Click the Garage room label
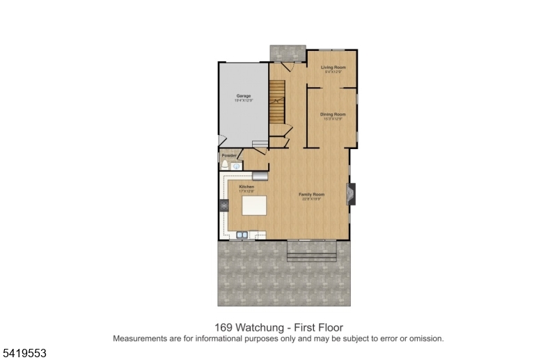pyautogui.click(x=243, y=95)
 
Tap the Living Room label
pyautogui.click(x=333, y=68)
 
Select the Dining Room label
pyautogui.click(x=333, y=114)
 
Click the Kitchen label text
pyautogui.click(x=246, y=187)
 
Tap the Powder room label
pyautogui.click(x=228, y=155)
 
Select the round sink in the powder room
pyautogui.click(x=237, y=167)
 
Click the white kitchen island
pyautogui.click(x=254, y=206)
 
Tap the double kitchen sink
pyautogui.click(x=242, y=235)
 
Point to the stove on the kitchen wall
pyautogui.click(x=224, y=205)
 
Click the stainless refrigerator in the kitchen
pyautogui.click(x=261, y=175)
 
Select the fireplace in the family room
pyautogui.click(x=352, y=194)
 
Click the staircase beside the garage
pyautogui.click(x=278, y=102)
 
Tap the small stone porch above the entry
pyautogui.click(x=288, y=53)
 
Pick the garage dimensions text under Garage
pyautogui.click(x=243, y=101)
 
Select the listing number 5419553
pyautogui.click(x=24, y=353)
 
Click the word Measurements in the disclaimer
pyautogui.click(x=139, y=338)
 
